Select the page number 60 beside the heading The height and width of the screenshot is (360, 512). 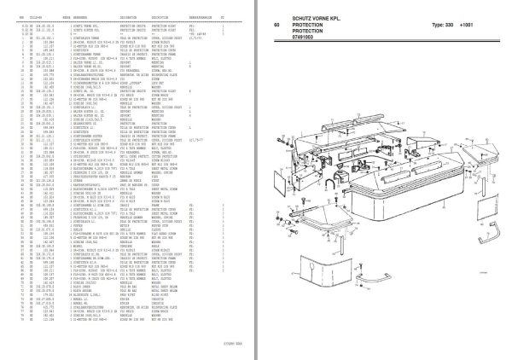click(x=277, y=25)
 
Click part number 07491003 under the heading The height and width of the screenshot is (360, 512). click(x=308, y=39)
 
